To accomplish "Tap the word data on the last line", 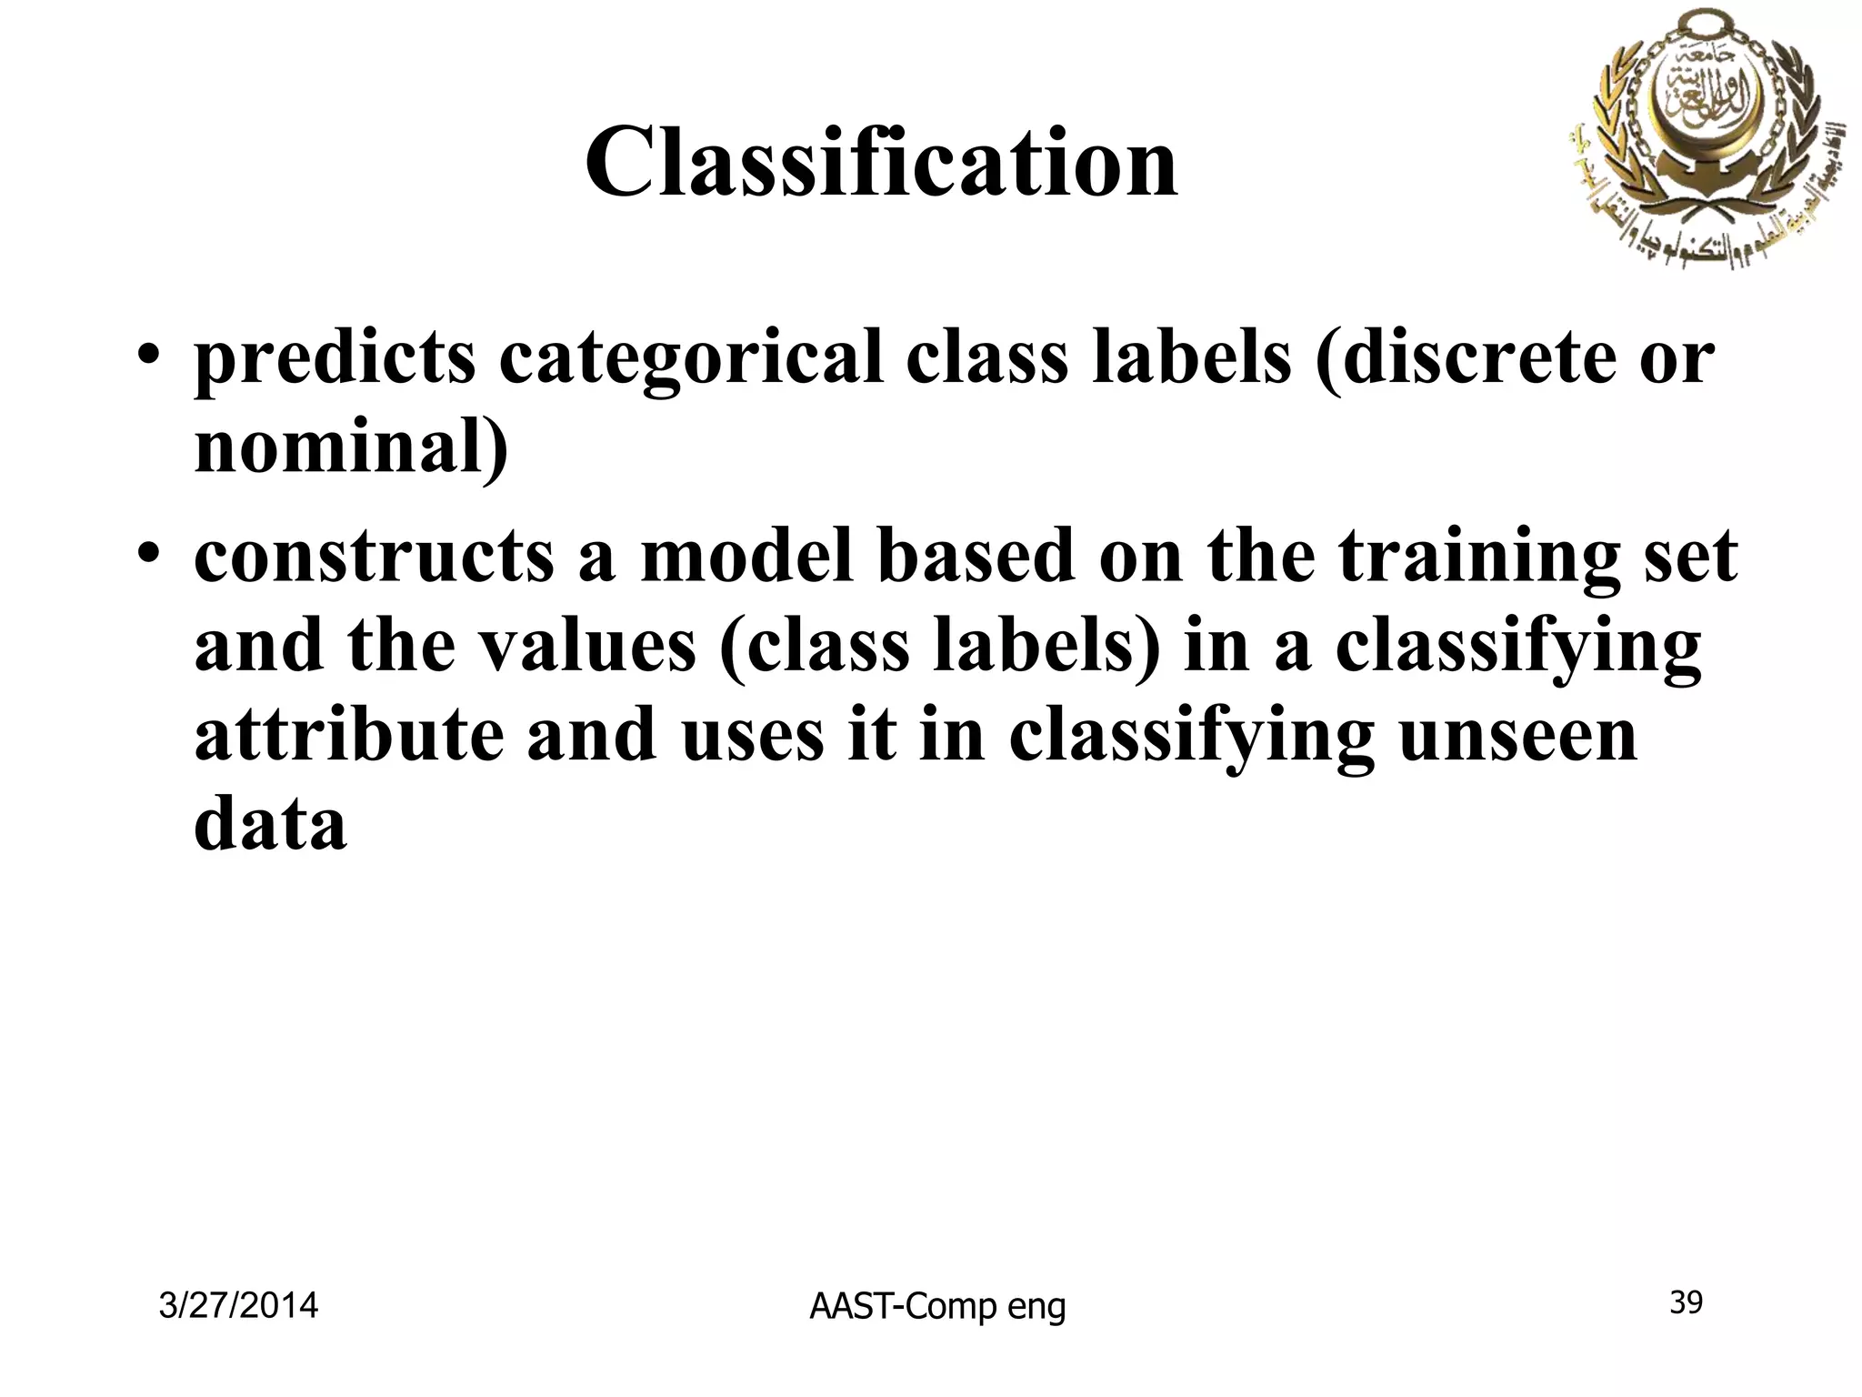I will [271, 823].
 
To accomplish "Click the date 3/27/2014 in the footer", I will [238, 1306].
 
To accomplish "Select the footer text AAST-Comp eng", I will [937, 1307].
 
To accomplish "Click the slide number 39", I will [1687, 1303].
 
